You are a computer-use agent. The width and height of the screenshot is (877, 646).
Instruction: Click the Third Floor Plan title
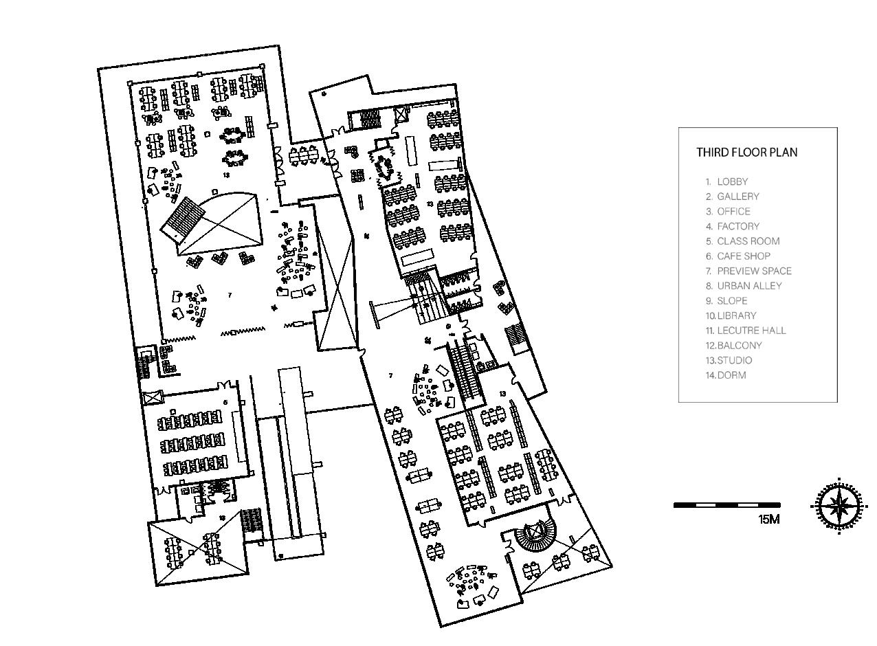tap(746, 153)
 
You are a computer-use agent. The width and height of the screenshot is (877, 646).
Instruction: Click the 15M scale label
tap(769, 520)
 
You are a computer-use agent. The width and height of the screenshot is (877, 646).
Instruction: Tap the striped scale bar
tap(726, 505)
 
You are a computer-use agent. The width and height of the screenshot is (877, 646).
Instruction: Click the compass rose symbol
tap(839, 506)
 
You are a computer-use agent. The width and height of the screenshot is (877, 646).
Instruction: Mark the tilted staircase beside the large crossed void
tap(183, 218)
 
